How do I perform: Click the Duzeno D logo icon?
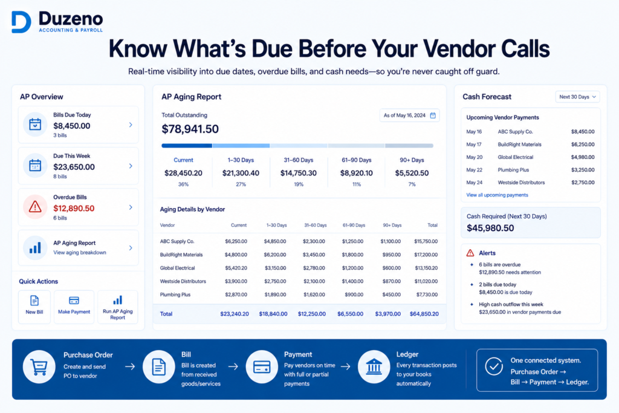point(21,22)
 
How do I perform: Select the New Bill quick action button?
point(34,307)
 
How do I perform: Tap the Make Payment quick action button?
point(74,307)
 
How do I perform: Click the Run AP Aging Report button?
point(118,307)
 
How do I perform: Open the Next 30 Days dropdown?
point(577,97)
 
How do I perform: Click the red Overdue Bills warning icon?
point(35,207)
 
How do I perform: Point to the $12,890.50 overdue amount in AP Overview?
point(74,208)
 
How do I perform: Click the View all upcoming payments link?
point(497,195)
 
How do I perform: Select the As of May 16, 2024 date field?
point(409,115)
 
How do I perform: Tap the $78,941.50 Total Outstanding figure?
point(190,129)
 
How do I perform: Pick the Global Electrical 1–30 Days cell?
point(275,268)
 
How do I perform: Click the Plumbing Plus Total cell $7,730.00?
point(427,294)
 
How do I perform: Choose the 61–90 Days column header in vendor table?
point(354,225)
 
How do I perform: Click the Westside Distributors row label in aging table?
point(183,282)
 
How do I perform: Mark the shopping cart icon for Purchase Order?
point(39,367)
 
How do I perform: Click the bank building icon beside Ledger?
point(374,367)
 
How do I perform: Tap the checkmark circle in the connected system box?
point(494,366)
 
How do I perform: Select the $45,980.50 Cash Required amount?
point(490,228)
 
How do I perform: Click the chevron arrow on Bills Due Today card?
point(131,125)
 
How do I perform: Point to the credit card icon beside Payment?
point(262,367)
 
